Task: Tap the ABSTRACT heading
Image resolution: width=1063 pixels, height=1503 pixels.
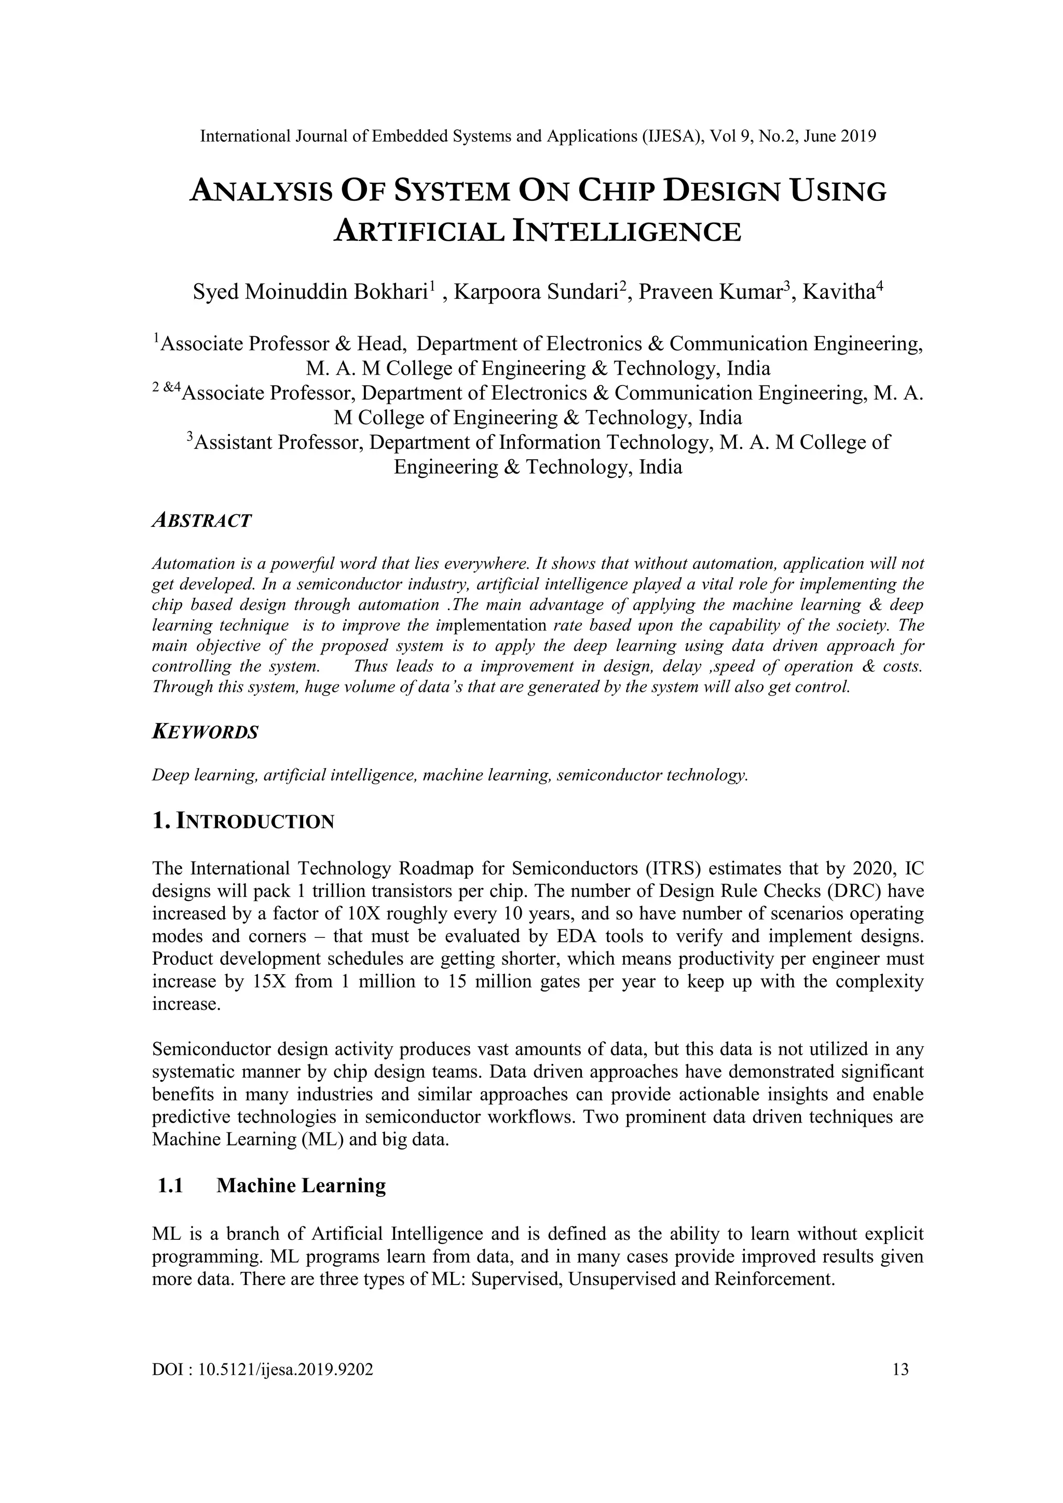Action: [201, 521]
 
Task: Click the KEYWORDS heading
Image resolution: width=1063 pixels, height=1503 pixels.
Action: [205, 732]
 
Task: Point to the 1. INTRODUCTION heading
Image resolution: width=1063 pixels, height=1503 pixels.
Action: [243, 822]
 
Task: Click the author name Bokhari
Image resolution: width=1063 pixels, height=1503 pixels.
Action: [391, 292]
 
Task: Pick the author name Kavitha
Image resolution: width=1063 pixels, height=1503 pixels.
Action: [839, 292]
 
